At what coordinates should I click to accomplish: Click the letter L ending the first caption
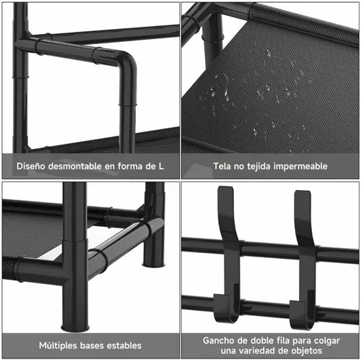point(161,166)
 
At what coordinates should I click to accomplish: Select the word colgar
point(327,340)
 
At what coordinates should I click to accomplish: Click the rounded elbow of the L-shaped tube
point(128,62)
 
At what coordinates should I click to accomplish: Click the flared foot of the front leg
point(75,327)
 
